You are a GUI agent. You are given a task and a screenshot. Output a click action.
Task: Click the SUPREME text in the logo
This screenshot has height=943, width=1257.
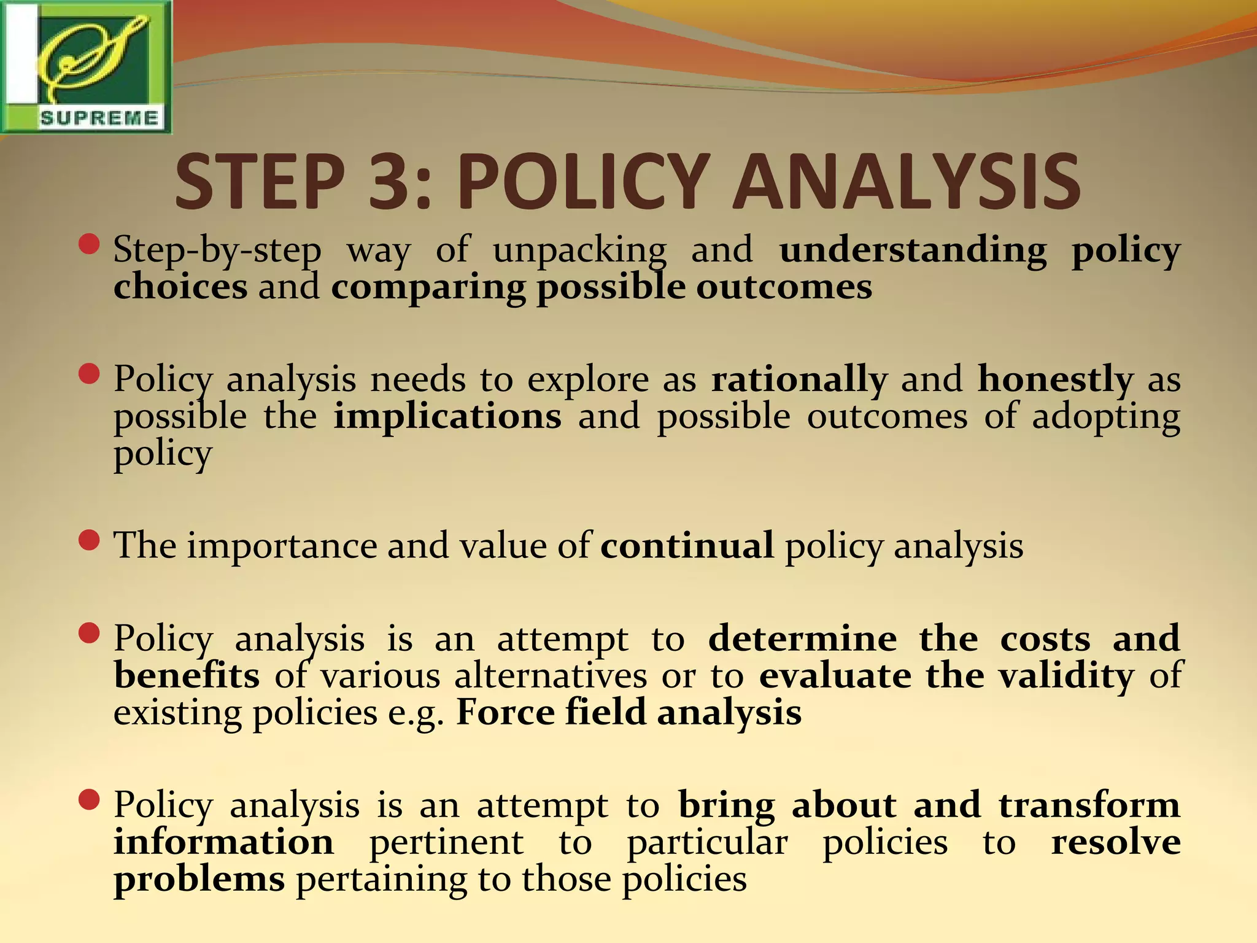99,117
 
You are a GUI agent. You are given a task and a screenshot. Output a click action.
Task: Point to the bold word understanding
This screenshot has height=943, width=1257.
913,250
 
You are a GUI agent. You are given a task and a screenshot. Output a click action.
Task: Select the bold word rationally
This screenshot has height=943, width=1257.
799,379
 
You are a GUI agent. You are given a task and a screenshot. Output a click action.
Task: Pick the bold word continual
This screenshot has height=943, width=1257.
687,545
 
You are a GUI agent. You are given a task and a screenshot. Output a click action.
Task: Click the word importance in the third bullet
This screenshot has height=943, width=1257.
282,546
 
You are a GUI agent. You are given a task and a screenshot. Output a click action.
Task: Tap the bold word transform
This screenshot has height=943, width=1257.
1089,804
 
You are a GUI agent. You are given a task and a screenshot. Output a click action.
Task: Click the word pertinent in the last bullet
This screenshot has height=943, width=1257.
446,842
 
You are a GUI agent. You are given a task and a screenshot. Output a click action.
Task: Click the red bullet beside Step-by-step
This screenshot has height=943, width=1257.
90,244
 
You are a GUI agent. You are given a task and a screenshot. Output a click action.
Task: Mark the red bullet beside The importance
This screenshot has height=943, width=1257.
90,540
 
